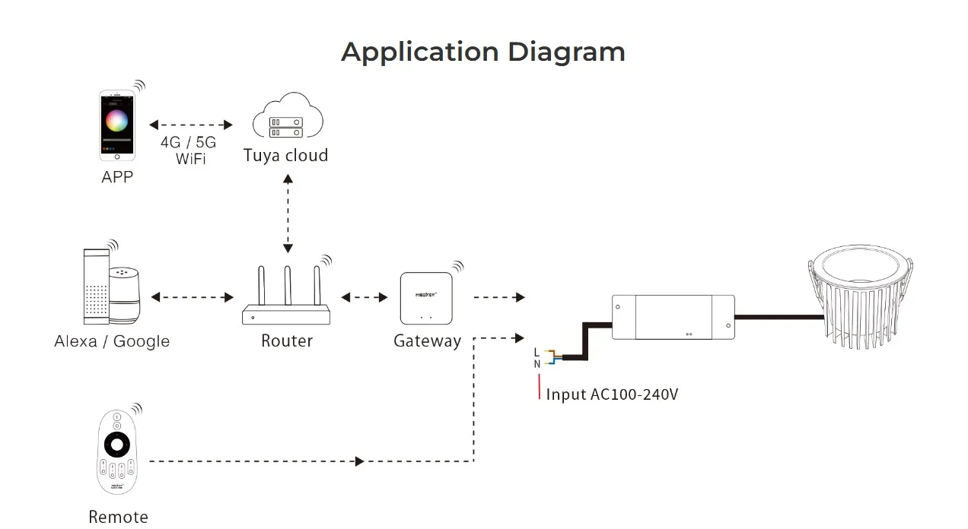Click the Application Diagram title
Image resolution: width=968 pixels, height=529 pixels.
click(x=483, y=52)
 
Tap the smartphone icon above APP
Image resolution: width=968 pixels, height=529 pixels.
click(x=117, y=125)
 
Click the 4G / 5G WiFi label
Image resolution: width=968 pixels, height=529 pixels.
click(x=188, y=150)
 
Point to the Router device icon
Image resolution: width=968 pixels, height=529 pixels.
click(x=287, y=297)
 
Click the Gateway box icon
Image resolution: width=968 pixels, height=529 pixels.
click(x=426, y=299)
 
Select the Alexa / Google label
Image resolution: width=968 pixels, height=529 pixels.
click(x=112, y=341)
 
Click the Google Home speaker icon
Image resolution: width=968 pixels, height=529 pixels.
click(x=126, y=296)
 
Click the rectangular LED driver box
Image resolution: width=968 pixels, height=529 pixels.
click(x=673, y=317)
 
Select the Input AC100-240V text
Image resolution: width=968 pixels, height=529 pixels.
click(x=611, y=394)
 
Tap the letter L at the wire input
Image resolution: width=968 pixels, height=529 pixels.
click(x=537, y=352)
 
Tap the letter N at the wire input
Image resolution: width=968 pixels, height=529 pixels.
click(x=537, y=364)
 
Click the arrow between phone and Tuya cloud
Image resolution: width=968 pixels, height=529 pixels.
click(x=191, y=124)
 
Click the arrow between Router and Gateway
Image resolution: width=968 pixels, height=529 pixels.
click(x=365, y=297)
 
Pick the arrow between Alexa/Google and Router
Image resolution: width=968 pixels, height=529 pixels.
click(x=192, y=297)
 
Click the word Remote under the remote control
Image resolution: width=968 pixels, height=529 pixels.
click(x=118, y=517)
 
